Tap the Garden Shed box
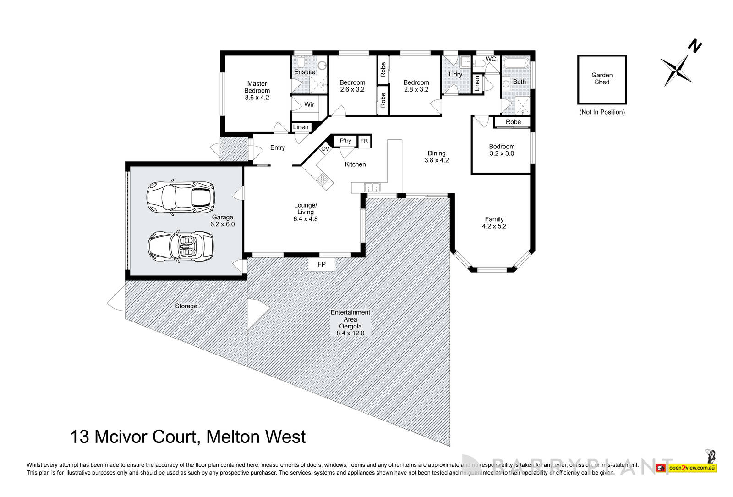click(602, 79)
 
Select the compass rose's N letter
click(695, 46)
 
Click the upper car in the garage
click(181, 198)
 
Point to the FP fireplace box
click(322, 264)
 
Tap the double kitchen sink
click(371, 187)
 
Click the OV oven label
click(325, 149)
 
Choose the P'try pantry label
click(345, 141)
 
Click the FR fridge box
click(364, 141)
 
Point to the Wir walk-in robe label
click(309, 104)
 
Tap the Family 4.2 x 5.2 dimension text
click(494, 226)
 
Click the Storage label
click(186, 306)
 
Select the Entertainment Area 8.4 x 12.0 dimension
click(350, 333)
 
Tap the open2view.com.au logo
click(692, 468)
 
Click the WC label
click(491, 59)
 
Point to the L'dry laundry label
click(455, 74)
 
